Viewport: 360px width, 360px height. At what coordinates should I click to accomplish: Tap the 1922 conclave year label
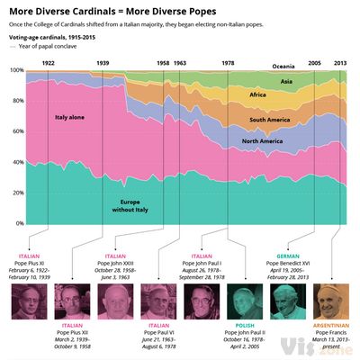click(49, 63)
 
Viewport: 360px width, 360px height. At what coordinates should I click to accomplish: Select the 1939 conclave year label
click(103, 63)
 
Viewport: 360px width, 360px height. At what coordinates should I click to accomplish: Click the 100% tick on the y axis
click(17, 70)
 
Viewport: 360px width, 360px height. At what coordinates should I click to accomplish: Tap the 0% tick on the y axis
click(21, 223)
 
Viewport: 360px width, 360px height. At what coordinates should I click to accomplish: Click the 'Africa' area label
click(258, 94)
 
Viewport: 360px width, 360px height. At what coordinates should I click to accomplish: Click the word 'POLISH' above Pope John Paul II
click(246, 323)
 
